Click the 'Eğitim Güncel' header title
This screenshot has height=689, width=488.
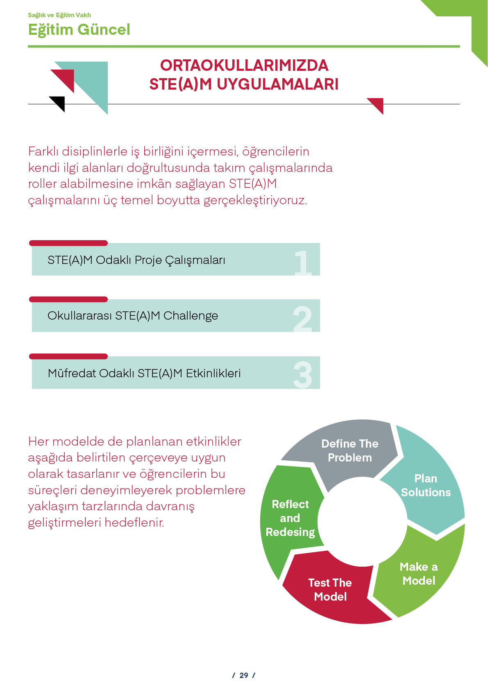click(x=79, y=30)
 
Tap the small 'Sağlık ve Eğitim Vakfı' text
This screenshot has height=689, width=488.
click(x=59, y=15)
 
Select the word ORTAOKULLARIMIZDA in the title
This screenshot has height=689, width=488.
click(x=244, y=65)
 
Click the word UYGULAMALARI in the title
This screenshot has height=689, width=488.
click(x=277, y=84)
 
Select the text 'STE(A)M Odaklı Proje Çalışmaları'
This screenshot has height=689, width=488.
click(x=136, y=260)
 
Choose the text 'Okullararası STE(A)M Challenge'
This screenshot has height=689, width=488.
click(x=133, y=316)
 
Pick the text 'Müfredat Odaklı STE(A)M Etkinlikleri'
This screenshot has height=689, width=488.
click(x=144, y=373)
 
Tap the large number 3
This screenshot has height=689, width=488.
click(x=303, y=375)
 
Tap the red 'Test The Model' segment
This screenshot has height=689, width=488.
click(x=330, y=590)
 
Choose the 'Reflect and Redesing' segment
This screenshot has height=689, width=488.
click(x=290, y=518)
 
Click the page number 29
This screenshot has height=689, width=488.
click(x=244, y=675)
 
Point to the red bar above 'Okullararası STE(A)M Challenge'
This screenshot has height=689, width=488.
click(x=68, y=299)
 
